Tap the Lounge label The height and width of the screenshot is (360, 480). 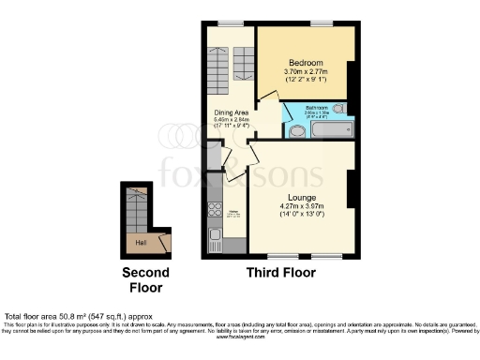[302, 197]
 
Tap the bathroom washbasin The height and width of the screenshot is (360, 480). [338, 109]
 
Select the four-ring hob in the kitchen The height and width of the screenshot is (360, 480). [213, 209]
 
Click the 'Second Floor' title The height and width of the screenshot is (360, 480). [146, 279]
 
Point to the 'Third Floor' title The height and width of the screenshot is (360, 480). [280, 273]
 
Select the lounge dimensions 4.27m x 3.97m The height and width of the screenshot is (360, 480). [302, 206]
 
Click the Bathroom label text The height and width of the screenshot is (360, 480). [316, 107]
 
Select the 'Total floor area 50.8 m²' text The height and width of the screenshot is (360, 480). [66, 317]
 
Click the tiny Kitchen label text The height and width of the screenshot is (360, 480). [233, 213]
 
